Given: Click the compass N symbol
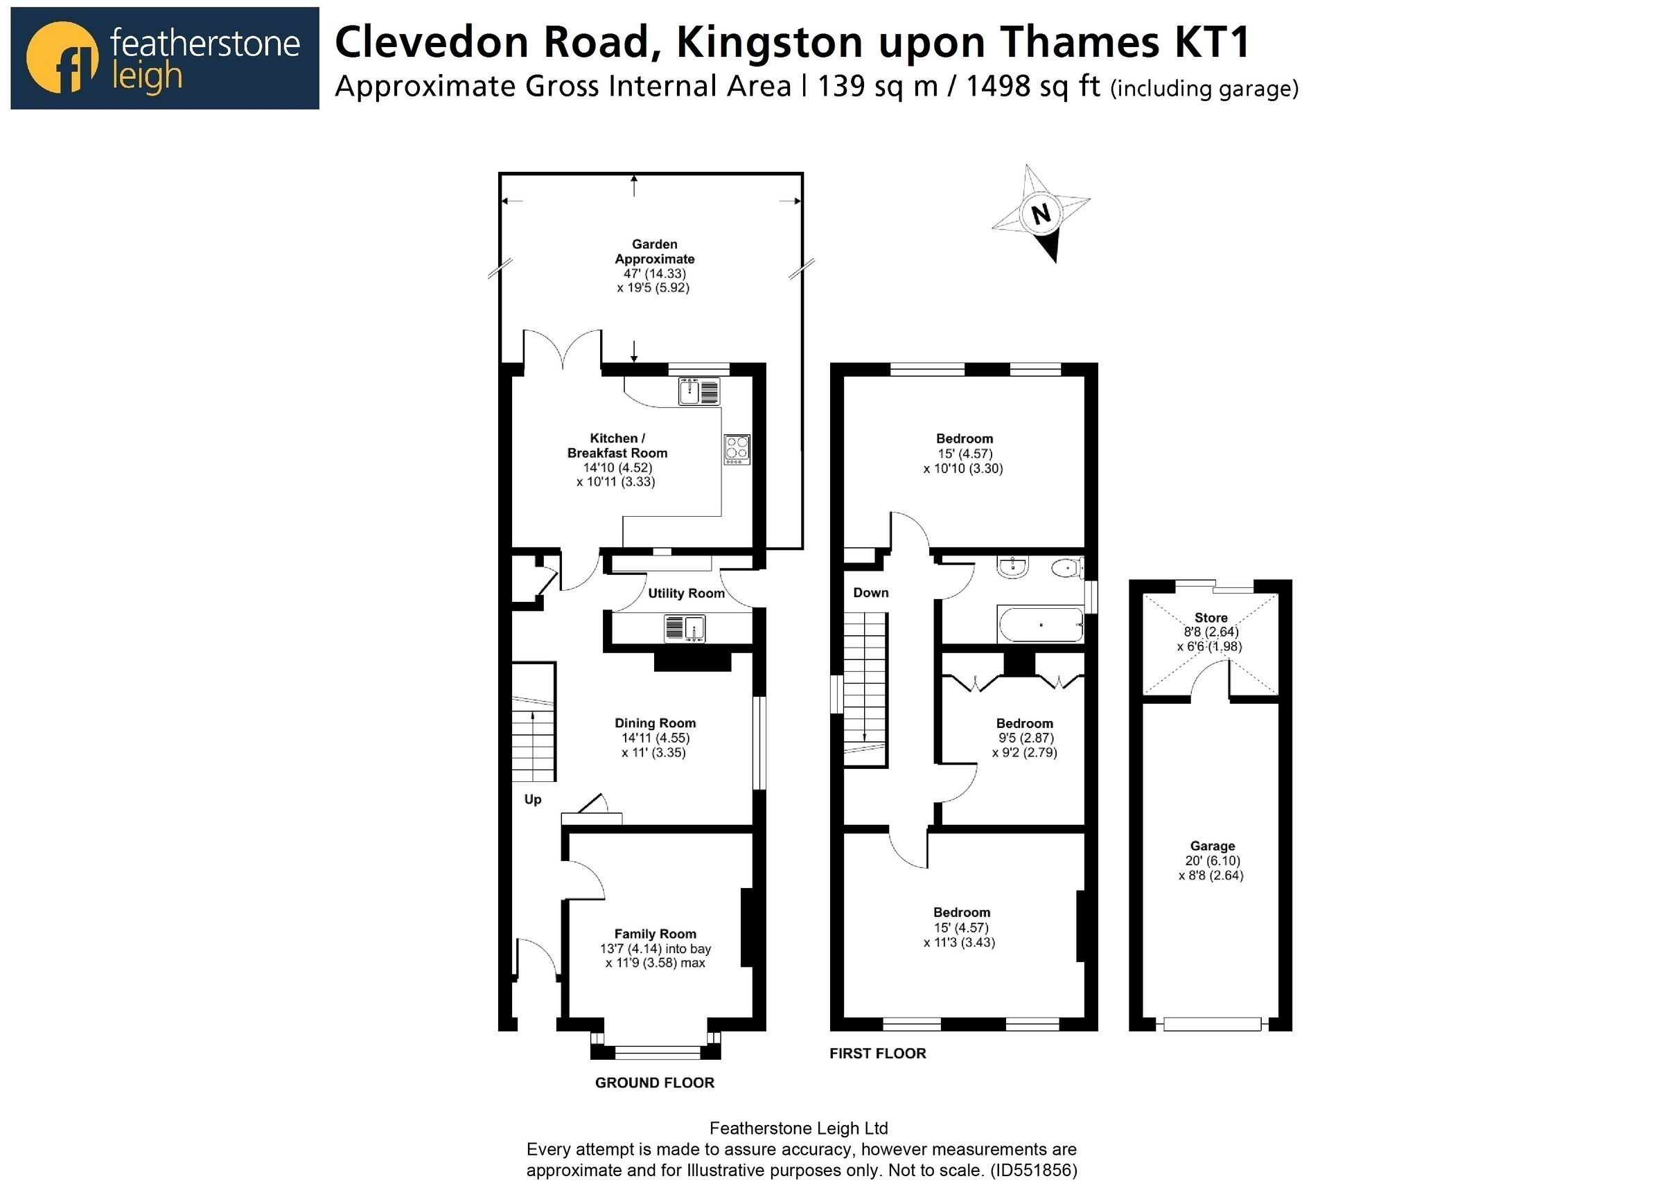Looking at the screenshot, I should coord(1041,213).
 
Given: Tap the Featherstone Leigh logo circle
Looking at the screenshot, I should coord(62,58).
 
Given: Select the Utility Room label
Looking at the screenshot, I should coord(685,593).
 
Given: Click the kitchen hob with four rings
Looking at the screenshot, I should coord(737,450).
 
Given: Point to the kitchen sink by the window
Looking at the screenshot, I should coord(698,391).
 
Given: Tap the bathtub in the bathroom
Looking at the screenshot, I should coord(1041,624).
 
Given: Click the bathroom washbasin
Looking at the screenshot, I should coord(1012,567).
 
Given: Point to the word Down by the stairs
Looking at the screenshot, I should coord(870,592).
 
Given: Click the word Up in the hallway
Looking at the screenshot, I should coord(532,799).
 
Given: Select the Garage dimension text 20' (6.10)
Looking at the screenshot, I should coord(1213,860).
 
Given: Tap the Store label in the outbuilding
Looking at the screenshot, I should coord(1211,617).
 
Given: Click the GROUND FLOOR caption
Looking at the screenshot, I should coord(654,1083).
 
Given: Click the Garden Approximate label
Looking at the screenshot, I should coord(654,251).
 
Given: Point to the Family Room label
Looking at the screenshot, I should coord(655,934).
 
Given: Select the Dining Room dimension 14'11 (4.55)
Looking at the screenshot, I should coord(655,738).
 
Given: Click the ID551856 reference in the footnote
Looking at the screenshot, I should coord(1033,1171).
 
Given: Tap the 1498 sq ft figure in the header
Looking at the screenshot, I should coord(1033,87).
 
